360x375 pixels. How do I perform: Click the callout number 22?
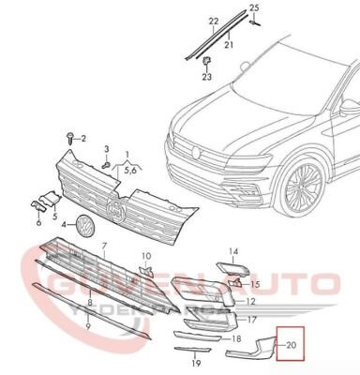pyautogui.click(x=213, y=21)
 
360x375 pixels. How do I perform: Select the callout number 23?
pyautogui.click(x=207, y=79)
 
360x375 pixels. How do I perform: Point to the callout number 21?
pyautogui.click(x=229, y=45)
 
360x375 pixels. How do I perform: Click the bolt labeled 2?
pyautogui.click(x=70, y=139)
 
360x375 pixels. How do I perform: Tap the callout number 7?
pyautogui.click(x=105, y=247)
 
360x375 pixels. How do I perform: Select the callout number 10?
pyautogui.click(x=145, y=255)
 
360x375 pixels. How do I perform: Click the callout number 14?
pyautogui.click(x=234, y=251)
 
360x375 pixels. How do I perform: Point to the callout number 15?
pyautogui.click(x=255, y=283)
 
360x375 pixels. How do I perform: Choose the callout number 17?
pyautogui.click(x=251, y=320)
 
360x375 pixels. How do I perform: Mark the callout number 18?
pyautogui.click(x=236, y=337)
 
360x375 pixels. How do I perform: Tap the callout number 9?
pyautogui.click(x=89, y=327)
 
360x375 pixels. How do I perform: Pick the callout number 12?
pyautogui.click(x=251, y=302)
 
